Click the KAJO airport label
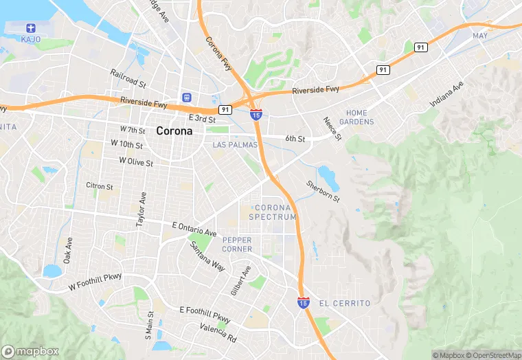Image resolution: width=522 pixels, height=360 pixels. pos(31,39)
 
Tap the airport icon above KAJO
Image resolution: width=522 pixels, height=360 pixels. pos(30,27)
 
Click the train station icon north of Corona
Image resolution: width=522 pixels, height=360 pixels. pos(186,98)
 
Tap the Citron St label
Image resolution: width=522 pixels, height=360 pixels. pos(100,185)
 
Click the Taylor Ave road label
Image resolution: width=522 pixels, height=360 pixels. pos(141,210)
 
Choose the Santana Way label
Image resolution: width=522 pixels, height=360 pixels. pos(207,256)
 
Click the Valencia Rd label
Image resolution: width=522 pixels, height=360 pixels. pos(218,334)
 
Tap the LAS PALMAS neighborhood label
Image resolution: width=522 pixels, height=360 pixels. pos(235,145)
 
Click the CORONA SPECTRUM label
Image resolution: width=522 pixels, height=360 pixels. pos(275,212)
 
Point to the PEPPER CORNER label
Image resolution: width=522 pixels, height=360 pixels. pos(238,244)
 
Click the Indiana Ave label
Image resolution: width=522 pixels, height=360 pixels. pos(447,93)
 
